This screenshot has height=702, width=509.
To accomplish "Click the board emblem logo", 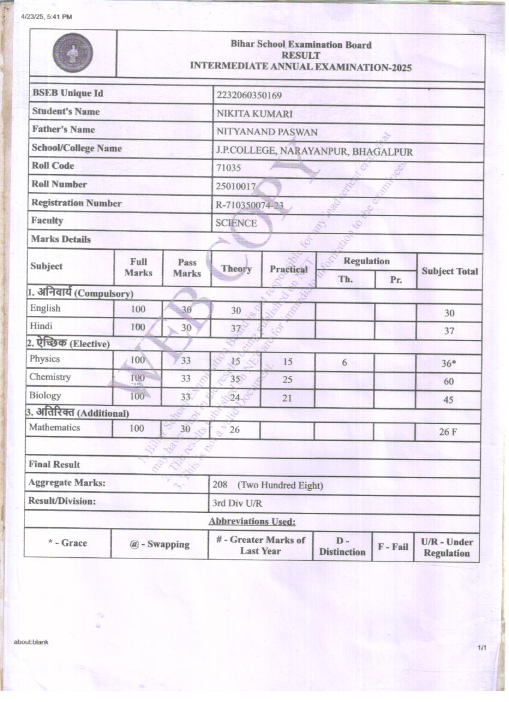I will [73, 53].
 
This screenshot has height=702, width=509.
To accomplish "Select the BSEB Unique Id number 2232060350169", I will [248, 95].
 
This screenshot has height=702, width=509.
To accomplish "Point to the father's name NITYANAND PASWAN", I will [267, 132].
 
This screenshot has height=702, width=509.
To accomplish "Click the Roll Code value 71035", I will [228, 169].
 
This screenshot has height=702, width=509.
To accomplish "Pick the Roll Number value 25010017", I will [236, 187].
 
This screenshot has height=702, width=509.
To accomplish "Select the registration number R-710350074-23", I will [249, 205].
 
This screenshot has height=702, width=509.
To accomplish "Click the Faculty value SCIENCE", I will [236, 223].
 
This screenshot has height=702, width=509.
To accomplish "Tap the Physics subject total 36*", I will [449, 363].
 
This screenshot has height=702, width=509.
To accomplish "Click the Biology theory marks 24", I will [236, 396].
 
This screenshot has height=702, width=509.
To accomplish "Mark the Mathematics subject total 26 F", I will [448, 432].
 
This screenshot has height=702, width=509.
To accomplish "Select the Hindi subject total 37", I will [449, 331].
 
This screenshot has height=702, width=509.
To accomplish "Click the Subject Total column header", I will [450, 271].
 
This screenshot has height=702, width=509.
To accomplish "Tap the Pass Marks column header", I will [187, 268].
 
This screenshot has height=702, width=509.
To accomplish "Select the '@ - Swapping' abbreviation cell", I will [159, 544].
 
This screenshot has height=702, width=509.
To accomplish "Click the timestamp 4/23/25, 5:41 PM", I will [46, 17].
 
